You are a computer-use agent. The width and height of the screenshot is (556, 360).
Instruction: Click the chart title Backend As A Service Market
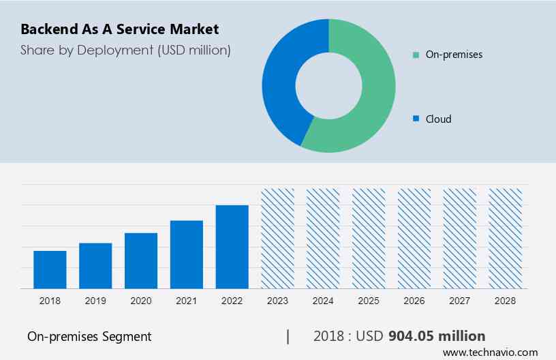119,29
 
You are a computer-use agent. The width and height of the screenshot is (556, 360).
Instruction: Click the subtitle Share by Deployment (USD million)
125,50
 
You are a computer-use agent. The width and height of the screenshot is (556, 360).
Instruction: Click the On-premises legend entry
454,54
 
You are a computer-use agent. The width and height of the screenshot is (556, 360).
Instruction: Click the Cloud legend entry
438,119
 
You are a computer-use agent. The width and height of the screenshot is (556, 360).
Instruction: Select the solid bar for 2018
50,270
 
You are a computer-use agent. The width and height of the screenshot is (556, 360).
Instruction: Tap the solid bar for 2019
95,266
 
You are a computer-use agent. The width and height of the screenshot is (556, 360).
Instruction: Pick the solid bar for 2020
141,261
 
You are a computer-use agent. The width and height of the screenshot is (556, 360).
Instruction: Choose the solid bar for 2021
187,255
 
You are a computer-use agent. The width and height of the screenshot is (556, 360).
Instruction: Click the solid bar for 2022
232,247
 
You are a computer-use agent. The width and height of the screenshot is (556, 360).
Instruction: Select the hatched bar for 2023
278,239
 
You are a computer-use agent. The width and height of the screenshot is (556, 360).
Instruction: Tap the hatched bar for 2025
369,239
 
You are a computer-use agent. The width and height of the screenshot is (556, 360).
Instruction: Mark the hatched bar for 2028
506,239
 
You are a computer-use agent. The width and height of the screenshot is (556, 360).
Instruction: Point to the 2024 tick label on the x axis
323,300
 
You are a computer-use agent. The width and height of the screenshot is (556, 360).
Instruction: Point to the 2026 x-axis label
414,300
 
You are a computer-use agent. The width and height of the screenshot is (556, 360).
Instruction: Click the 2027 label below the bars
460,300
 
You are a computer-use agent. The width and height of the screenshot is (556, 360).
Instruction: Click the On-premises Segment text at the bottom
89,336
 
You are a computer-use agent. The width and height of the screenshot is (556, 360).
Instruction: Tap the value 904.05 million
437,336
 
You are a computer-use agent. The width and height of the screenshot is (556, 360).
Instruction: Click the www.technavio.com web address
490,352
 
